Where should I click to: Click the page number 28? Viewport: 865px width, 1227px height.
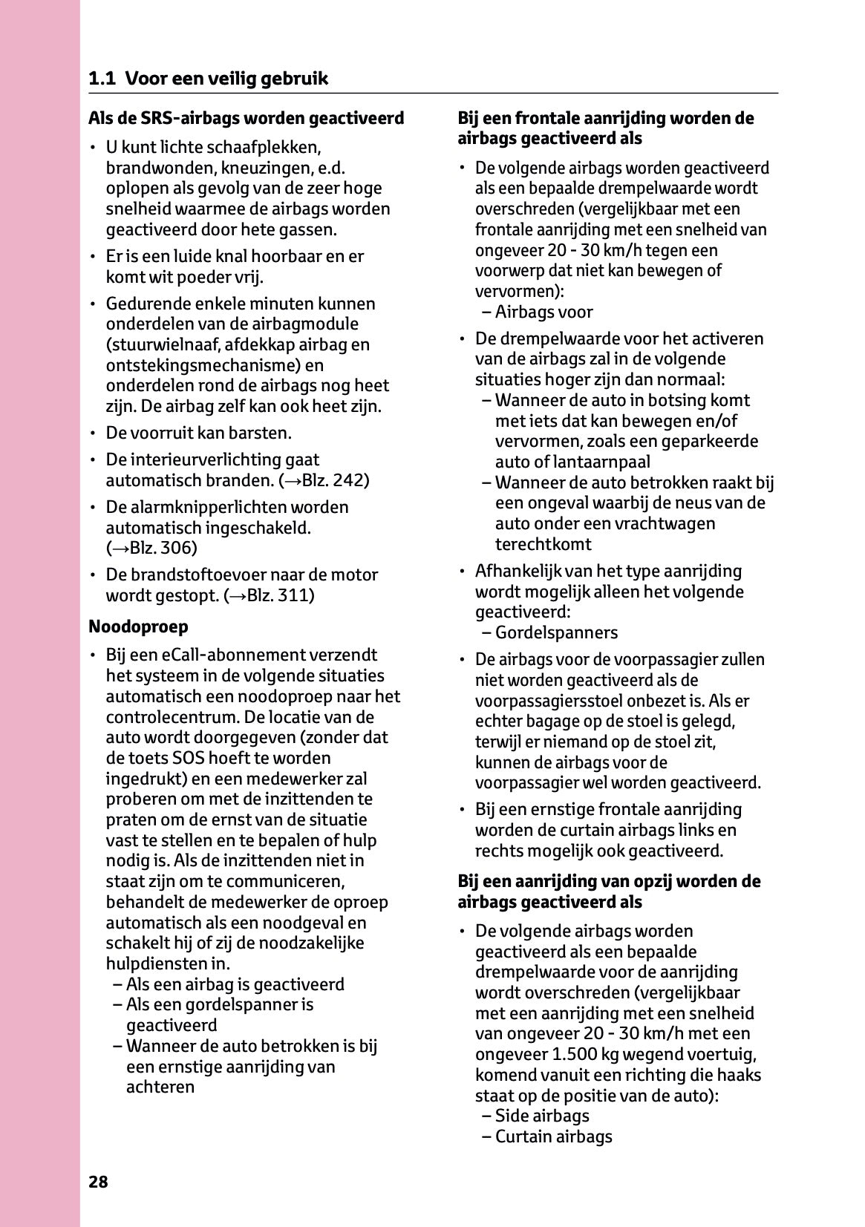(98, 1182)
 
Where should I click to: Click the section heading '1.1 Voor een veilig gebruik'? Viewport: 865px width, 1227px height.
(208, 79)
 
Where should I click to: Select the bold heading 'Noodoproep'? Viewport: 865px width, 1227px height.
(138, 626)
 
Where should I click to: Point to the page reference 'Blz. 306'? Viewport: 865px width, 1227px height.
(162, 549)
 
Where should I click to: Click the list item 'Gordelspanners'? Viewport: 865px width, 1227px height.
(556, 632)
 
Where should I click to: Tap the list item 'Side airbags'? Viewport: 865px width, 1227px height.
(542, 1116)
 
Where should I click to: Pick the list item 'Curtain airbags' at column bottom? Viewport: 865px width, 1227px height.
(553, 1136)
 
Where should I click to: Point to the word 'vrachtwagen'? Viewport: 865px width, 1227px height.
(669, 523)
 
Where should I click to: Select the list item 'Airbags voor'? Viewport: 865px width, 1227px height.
(544, 312)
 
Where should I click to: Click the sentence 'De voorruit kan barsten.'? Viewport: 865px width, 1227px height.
(198, 433)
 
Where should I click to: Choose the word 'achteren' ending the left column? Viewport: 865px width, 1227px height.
(160, 1087)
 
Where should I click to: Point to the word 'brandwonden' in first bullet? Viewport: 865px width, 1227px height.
(152, 168)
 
